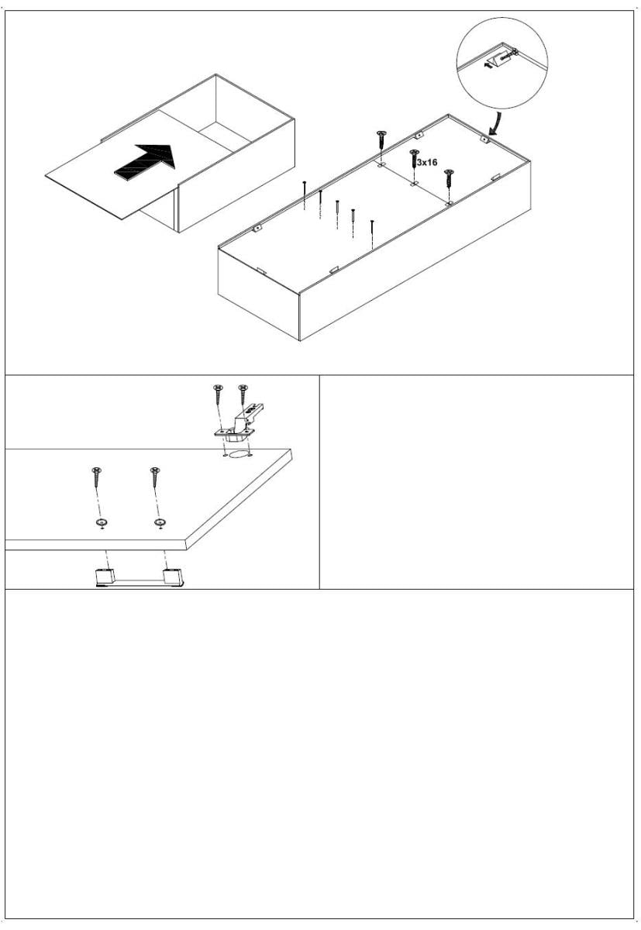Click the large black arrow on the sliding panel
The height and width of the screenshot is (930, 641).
[x=145, y=163]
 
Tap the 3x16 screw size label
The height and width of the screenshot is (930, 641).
[x=427, y=162]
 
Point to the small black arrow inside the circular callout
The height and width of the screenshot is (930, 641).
[x=489, y=64]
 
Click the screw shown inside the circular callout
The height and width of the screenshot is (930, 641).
[x=508, y=55]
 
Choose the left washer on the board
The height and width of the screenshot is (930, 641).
[x=101, y=522]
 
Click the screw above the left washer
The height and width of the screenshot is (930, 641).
[x=97, y=477]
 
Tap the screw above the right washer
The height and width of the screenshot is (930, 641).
[x=155, y=477]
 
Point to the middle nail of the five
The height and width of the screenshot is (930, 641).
[x=337, y=214]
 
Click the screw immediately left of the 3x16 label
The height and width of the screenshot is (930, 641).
[x=413, y=159]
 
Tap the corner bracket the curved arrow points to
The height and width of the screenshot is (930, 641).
[x=484, y=139]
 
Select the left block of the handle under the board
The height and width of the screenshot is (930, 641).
[x=105, y=577]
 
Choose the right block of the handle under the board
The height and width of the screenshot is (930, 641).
[x=173, y=577]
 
